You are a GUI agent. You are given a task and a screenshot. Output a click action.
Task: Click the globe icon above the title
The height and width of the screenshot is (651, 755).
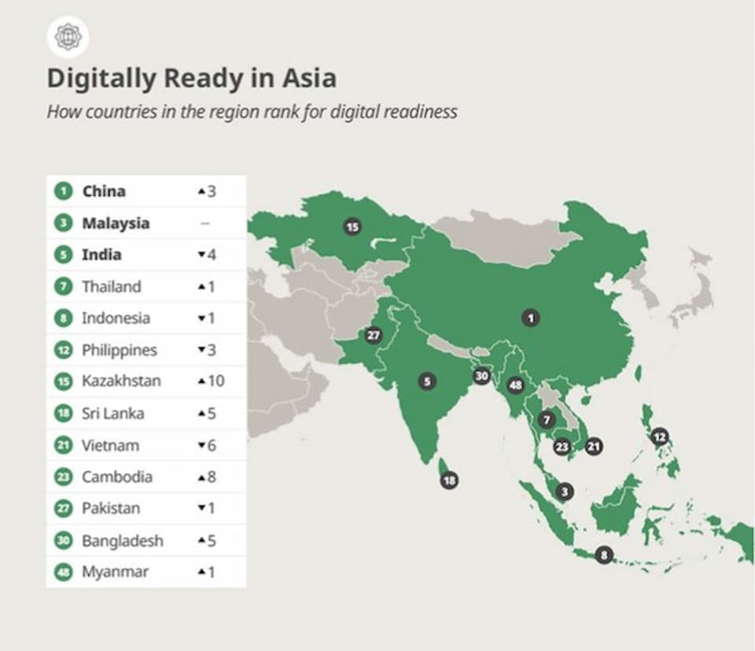coord(68,37)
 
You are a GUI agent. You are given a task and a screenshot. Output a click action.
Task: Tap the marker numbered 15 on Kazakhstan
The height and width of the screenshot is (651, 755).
coord(352,227)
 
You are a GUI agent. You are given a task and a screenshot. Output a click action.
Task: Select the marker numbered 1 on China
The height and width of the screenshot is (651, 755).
coord(532,318)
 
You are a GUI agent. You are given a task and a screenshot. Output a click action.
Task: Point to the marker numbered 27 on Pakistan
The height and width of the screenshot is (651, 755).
coord(374,336)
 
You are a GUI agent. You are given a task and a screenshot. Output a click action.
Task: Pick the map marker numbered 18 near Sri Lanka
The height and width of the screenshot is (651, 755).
coord(449,480)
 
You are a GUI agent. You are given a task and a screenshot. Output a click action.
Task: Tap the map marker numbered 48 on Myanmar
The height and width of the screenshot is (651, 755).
coord(516,385)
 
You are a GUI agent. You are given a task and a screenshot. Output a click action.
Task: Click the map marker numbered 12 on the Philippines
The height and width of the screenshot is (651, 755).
coord(660,436)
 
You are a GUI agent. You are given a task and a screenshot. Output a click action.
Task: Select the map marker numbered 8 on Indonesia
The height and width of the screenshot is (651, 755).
coord(603,554)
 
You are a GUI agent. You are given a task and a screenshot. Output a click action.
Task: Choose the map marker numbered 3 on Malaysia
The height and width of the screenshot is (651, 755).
coord(564,492)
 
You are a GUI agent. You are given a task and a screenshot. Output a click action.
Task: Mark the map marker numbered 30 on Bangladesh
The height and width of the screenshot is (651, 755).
coord(482,376)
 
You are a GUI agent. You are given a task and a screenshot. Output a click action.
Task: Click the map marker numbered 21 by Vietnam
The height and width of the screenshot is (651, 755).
coord(594,447)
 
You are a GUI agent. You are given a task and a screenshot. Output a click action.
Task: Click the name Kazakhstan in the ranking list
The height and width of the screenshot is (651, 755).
coord(121,381)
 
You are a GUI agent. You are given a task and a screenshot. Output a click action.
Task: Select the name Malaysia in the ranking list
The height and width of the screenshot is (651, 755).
coord(116,223)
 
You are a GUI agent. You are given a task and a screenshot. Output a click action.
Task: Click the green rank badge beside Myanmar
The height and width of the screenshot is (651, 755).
coord(63,572)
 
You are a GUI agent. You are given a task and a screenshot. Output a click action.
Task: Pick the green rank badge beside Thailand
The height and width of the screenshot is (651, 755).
coord(63,286)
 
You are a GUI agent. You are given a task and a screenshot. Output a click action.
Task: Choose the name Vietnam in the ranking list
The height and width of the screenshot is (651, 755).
coord(110,445)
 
